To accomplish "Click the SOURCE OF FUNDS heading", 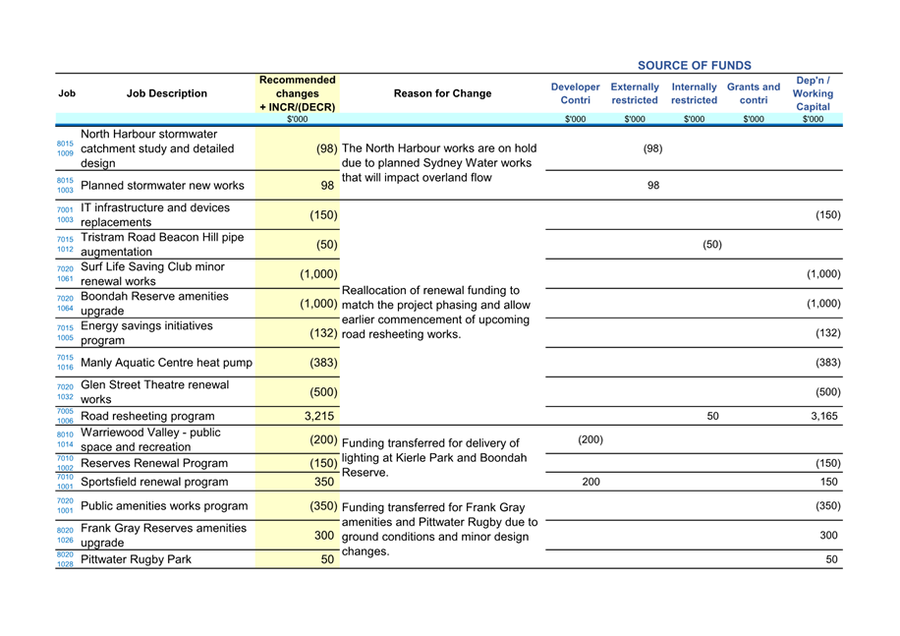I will click(694, 66).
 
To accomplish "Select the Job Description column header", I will click(167, 93).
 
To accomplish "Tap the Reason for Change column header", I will click(442, 93).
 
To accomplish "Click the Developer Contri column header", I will click(575, 93).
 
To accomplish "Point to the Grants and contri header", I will click(754, 93).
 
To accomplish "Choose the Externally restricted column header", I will click(635, 93).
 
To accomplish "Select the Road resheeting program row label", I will click(147, 416).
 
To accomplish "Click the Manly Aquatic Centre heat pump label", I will click(166, 363).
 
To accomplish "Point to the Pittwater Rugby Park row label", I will click(136, 559).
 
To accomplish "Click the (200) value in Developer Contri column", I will click(590, 439).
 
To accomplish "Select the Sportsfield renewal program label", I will click(154, 482).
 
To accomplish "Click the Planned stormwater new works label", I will click(162, 186).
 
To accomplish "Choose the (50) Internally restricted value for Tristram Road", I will click(712, 245).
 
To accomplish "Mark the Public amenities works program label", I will click(164, 506).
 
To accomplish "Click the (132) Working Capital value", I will click(827, 333).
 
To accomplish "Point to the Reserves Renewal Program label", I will click(154, 463).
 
